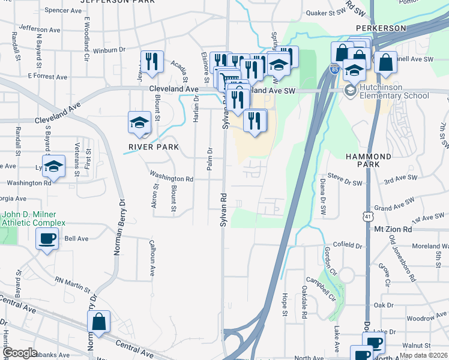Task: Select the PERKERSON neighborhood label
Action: point(381,28)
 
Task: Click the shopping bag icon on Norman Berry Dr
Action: point(98,322)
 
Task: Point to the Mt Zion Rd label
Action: point(393,229)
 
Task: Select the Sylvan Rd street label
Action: point(223,209)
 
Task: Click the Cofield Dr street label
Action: point(348,245)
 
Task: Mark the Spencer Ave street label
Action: point(62,10)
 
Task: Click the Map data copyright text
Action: point(423,355)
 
